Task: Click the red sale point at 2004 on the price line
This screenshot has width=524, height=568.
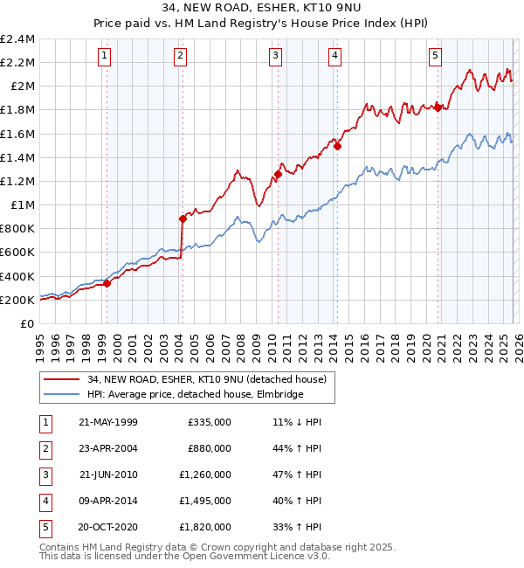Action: point(183,218)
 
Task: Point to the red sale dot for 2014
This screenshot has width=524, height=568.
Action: point(336,146)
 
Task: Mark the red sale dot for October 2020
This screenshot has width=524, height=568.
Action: point(438,107)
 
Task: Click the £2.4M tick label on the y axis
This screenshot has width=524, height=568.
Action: point(18,39)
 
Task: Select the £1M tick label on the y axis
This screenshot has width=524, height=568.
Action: point(22,205)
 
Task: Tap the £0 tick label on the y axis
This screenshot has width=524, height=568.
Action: point(28,323)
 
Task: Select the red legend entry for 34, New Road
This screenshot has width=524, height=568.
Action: point(206,379)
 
